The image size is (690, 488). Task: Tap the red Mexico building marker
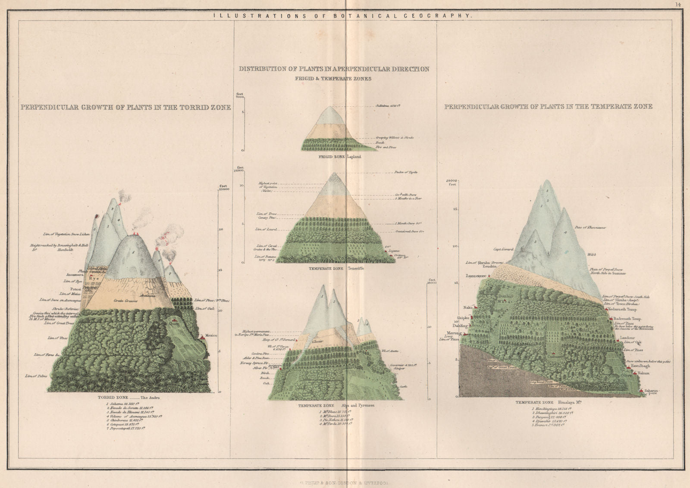click(201, 339)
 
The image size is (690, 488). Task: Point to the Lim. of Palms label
click(36, 376)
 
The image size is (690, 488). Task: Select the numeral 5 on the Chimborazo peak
click(134, 252)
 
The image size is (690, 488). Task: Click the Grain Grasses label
click(125, 301)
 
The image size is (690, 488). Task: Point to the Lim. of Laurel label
click(266, 230)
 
